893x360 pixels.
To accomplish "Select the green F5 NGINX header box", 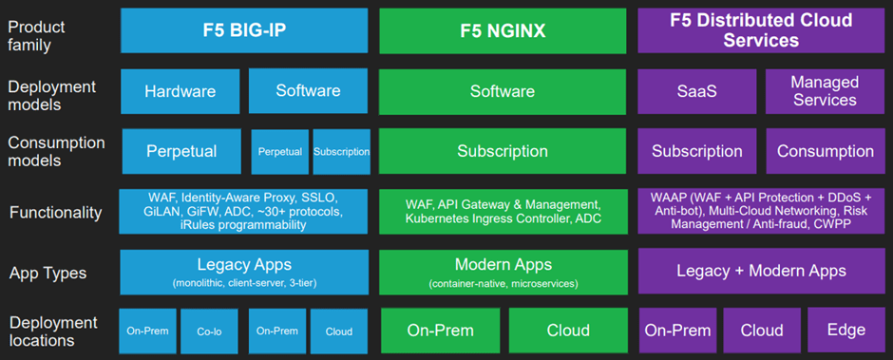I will point(502,29).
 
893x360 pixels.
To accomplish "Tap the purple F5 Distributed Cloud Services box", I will point(761,29).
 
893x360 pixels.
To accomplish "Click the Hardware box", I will point(180,91).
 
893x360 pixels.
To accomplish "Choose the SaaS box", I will point(697,91).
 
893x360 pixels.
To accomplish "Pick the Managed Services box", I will point(824,91).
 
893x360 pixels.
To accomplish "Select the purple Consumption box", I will point(824,151).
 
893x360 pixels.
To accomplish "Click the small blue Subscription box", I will point(341,152).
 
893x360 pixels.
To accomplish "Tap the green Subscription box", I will point(502,151).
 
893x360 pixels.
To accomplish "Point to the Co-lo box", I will point(209,332).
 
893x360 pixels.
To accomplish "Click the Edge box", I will point(845,331).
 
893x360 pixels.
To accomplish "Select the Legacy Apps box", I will point(244,272).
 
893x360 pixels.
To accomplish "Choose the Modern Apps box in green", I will point(502,272).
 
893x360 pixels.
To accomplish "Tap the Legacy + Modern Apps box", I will point(761,272).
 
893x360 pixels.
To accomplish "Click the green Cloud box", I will point(567,331).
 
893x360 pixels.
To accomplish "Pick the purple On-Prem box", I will point(677,331).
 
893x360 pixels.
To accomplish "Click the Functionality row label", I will point(55,213).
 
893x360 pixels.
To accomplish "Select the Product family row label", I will point(37,36).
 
